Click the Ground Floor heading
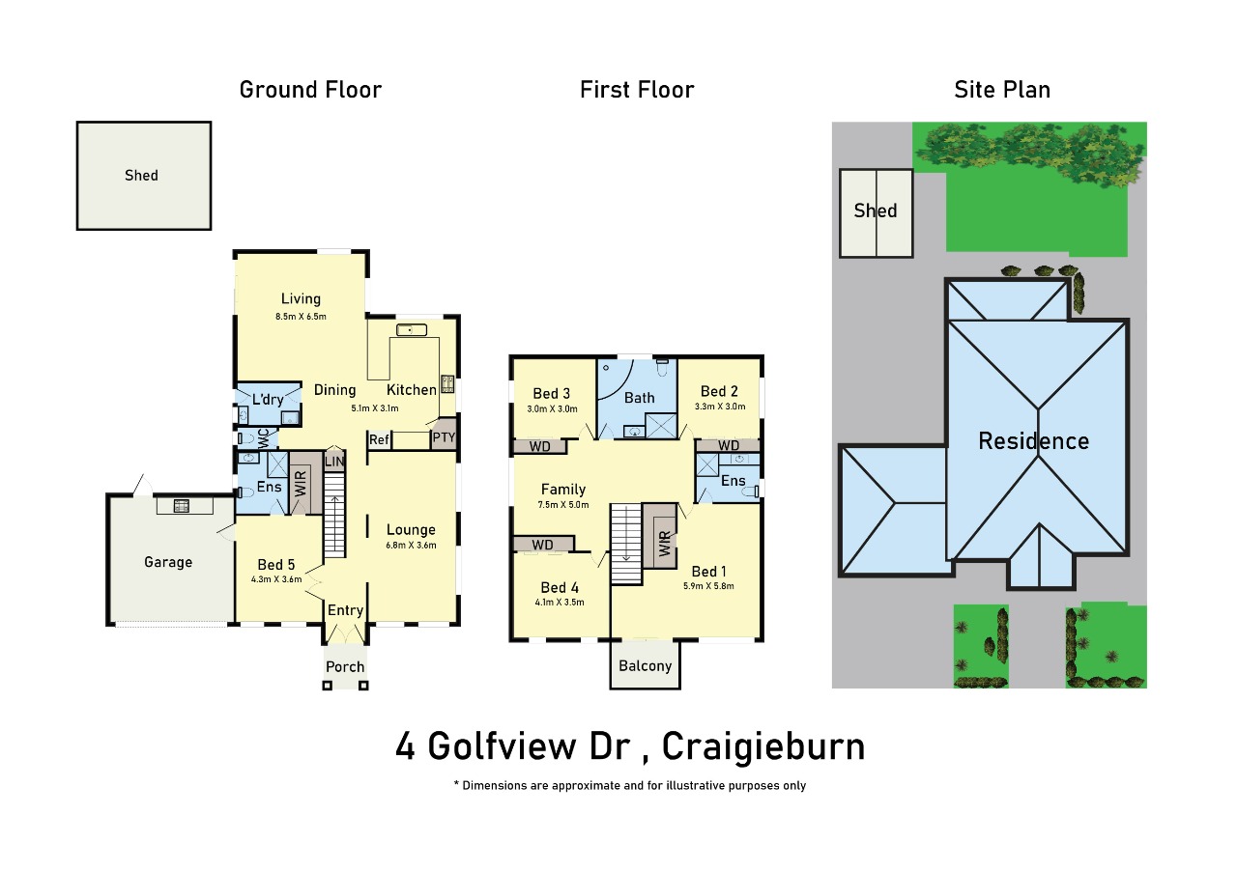point(310,90)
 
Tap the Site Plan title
point(1002,90)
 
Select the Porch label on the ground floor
point(345,667)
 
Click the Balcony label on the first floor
point(645,666)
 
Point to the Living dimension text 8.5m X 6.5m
point(301,317)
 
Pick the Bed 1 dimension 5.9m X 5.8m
point(708,586)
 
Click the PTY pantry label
point(444,437)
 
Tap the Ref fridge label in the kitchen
point(380,440)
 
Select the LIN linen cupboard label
point(334,462)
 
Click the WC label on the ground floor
point(264,438)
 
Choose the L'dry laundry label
point(268,399)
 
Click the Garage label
point(168,562)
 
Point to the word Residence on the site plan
point(1034,441)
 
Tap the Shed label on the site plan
point(876,211)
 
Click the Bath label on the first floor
point(640,398)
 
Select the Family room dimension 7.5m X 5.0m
point(563,505)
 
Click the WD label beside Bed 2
point(729,445)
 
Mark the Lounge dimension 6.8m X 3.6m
point(411,546)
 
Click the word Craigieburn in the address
point(763,746)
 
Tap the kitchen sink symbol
point(412,330)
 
